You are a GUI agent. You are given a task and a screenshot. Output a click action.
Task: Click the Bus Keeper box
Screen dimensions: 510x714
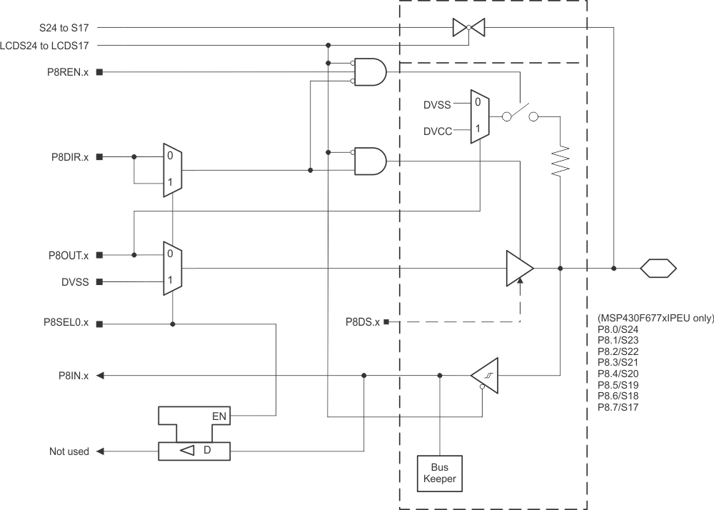coord(439,473)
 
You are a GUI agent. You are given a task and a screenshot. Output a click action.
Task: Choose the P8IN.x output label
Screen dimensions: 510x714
coord(74,375)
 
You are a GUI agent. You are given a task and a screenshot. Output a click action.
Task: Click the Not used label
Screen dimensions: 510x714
coord(69,451)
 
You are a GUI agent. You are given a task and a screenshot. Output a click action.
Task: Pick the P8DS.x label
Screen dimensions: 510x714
coord(362,323)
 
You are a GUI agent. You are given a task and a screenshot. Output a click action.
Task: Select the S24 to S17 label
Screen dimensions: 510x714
coord(64,28)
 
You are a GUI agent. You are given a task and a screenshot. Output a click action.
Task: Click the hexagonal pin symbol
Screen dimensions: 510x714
coord(658,269)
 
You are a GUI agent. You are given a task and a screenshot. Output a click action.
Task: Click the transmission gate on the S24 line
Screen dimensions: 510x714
coord(468,28)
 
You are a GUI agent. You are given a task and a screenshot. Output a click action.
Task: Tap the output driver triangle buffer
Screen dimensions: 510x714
coord(519,269)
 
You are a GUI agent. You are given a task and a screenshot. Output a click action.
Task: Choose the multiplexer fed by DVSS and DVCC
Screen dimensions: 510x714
coord(478,117)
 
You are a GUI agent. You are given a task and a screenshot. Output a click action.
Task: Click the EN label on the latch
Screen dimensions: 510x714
coord(219,414)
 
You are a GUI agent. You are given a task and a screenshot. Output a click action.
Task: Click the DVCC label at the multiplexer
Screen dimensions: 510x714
coord(437,131)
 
